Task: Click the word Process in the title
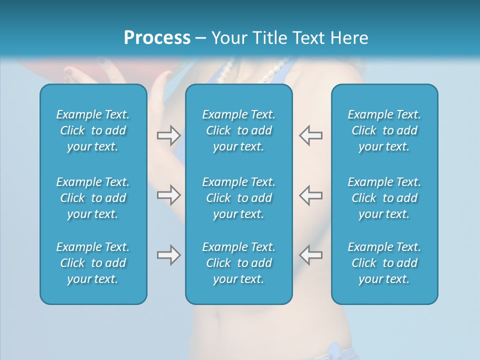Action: pyautogui.click(x=157, y=38)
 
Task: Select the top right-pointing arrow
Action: pyautogui.click(x=168, y=135)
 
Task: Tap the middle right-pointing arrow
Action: pyautogui.click(x=168, y=194)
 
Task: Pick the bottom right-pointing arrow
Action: pyautogui.click(x=168, y=255)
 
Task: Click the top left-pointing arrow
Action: pyautogui.click(x=311, y=135)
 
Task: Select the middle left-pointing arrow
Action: pyautogui.click(x=311, y=194)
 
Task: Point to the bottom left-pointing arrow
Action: pyautogui.click(x=311, y=255)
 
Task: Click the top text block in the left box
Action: pyautogui.click(x=93, y=130)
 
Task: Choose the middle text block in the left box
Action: pyautogui.click(x=93, y=198)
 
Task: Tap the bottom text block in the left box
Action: pyautogui.click(x=93, y=263)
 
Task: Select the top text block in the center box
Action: pyautogui.click(x=239, y=130)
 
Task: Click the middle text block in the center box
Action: pyautogui.click(x=239, y=198)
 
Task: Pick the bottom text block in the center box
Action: pyautogui.click(x=239, y=263)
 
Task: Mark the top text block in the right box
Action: pyautogui.click(x=384, y=130)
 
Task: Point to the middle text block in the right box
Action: pyautogui.click(x=384, y=198)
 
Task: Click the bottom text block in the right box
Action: pyautogui.click(x=384, y=263)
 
